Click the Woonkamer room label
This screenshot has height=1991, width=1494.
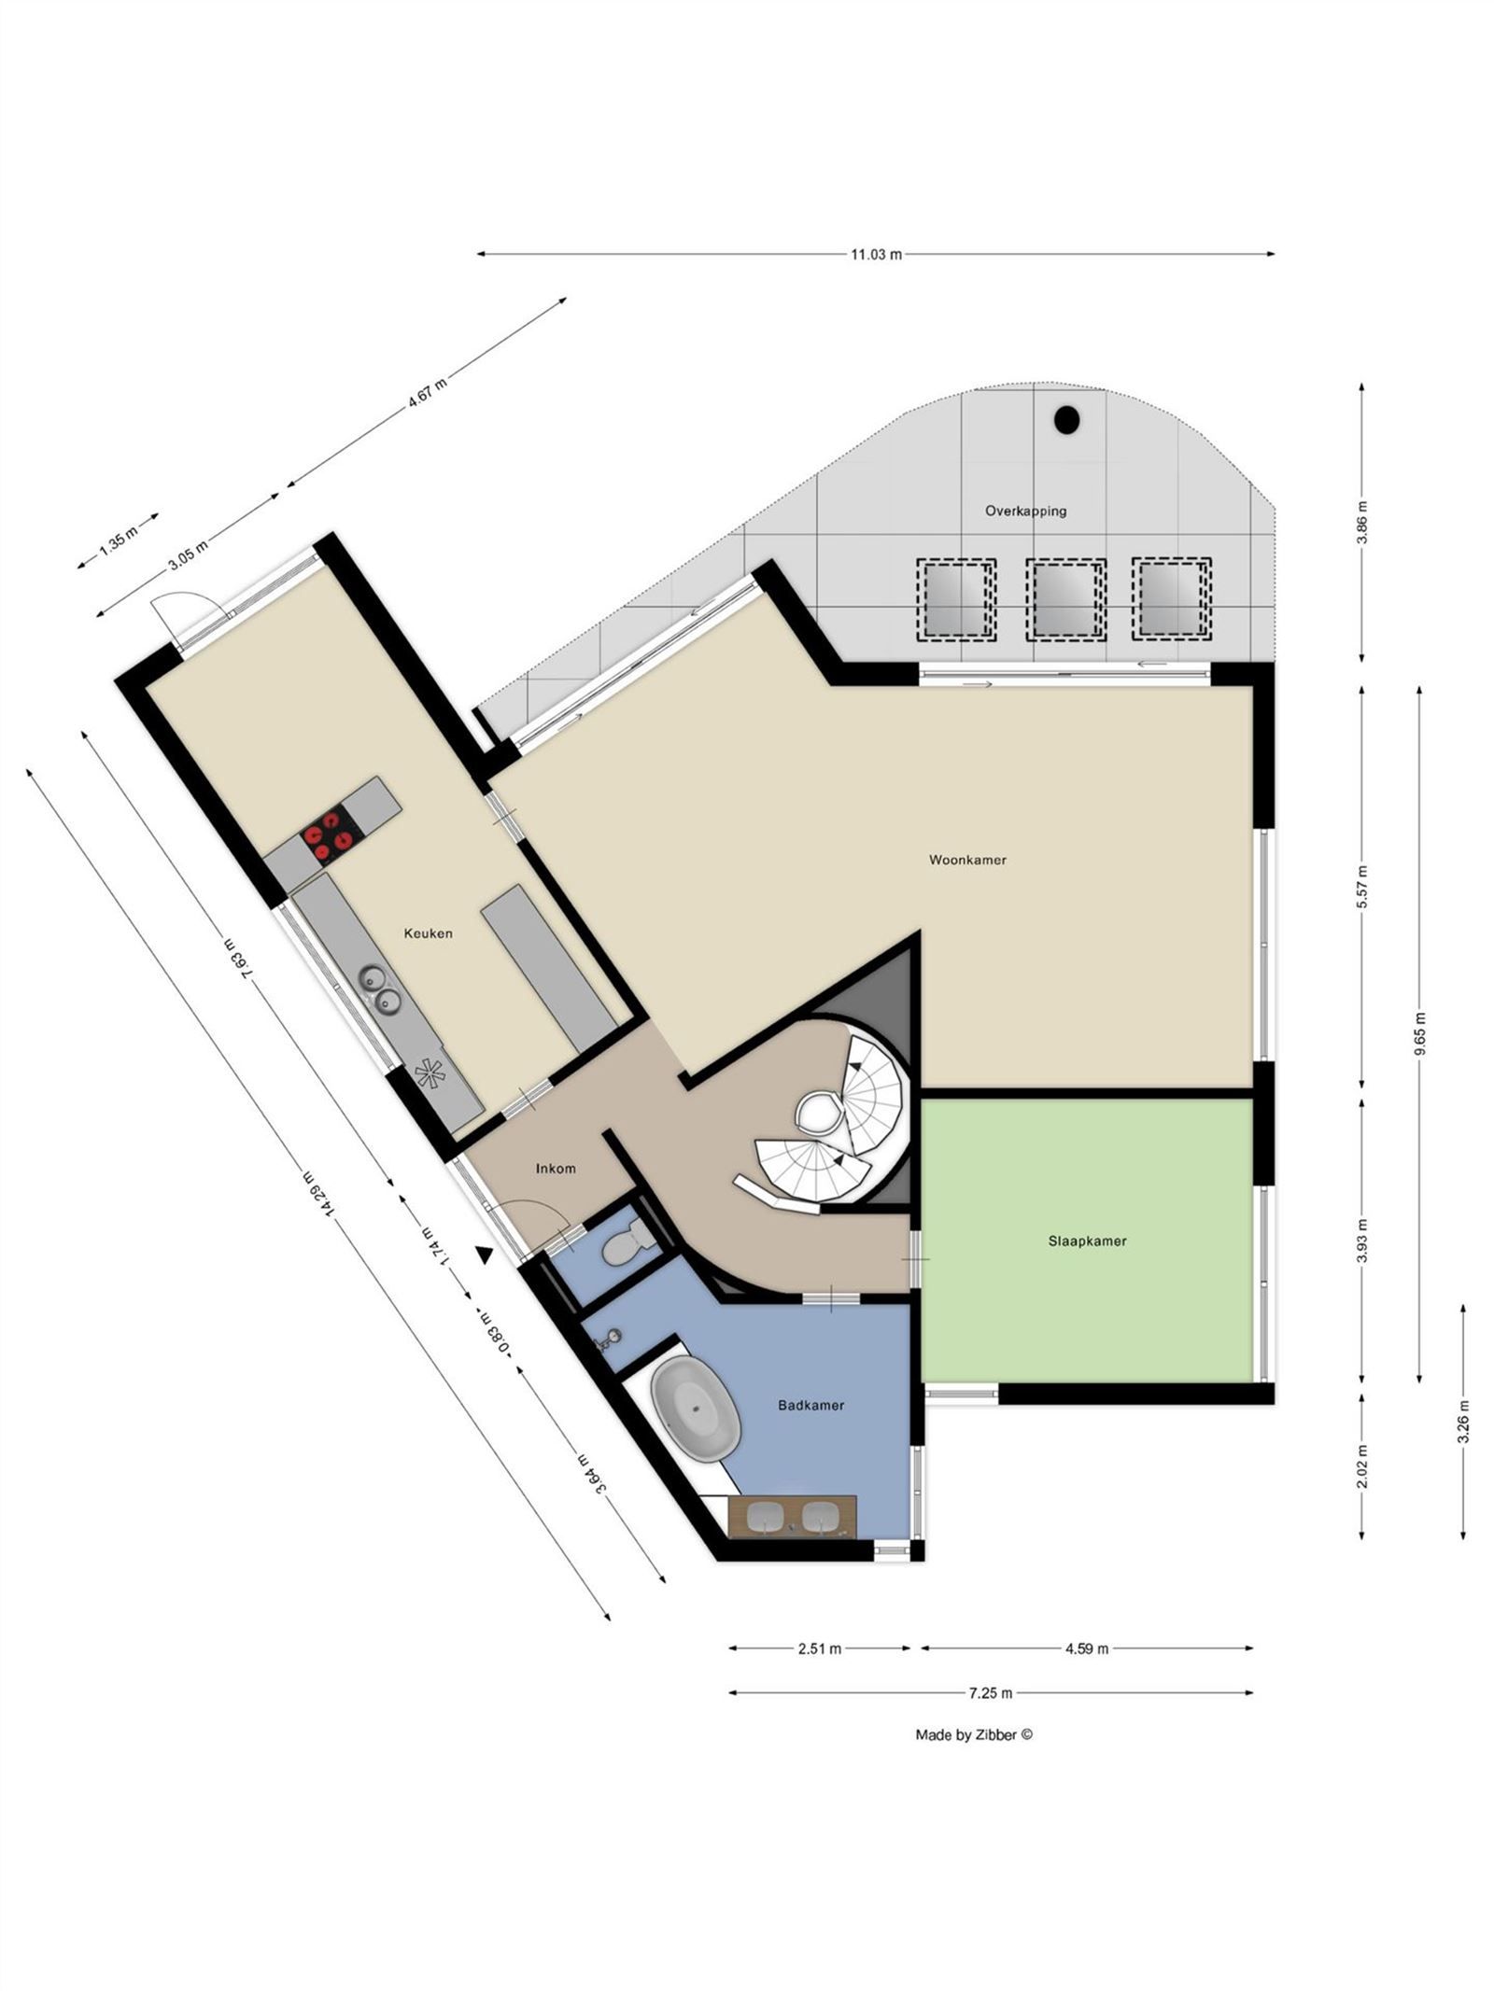pos(966,860)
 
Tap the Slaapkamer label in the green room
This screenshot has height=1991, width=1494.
pos(1086,1241)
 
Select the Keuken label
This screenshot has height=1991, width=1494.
pos(428,932)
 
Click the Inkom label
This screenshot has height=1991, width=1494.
pos(556,1169)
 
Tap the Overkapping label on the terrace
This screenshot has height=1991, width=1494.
pos(1025,511)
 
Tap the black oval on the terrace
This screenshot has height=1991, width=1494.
pos(1066,420)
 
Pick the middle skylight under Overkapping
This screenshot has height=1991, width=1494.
pos(1065,598)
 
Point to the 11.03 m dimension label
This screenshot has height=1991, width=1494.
pos(876,254)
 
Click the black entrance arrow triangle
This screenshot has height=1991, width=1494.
pos(484,1255)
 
